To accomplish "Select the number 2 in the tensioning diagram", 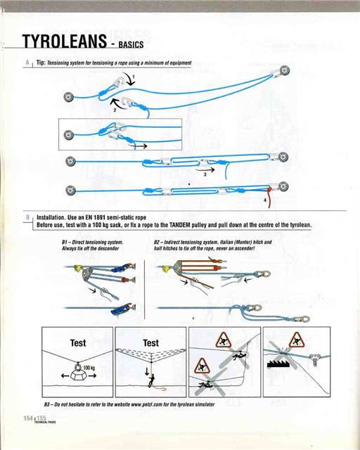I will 115,111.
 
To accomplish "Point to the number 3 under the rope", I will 205,173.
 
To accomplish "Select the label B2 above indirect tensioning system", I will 158,242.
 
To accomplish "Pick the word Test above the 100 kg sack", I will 77,343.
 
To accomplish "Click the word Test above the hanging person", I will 150,343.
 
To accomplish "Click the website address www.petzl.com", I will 136,406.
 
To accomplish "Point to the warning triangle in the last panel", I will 295,339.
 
